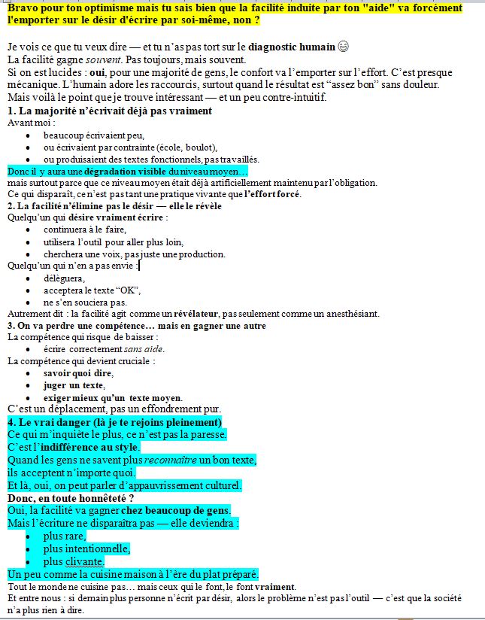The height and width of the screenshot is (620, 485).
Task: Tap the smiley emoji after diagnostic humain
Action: (x=344, y=47)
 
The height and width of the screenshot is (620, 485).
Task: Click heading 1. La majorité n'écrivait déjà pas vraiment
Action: (x=110, y=111)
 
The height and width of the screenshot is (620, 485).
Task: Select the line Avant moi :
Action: (x=27, y=122)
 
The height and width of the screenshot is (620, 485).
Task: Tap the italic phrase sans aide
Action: (x=144, y=349)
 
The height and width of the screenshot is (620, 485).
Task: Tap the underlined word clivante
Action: (x=83, y=561)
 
